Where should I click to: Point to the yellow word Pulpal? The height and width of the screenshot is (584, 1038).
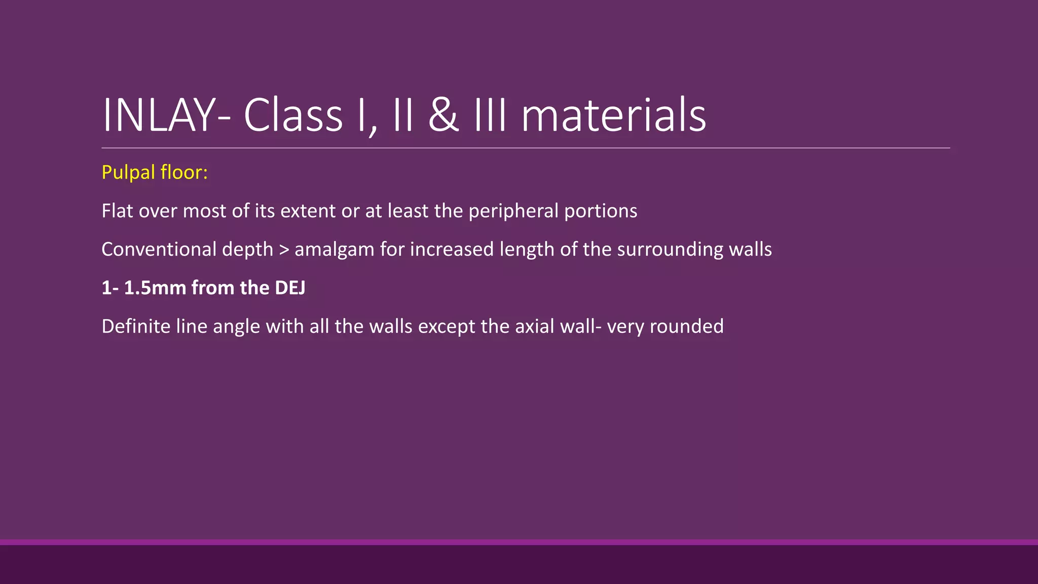pos(128,173)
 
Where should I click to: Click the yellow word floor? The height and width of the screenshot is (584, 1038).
pos(184,172)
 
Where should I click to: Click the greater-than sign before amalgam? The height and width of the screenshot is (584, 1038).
pos(284,249)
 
